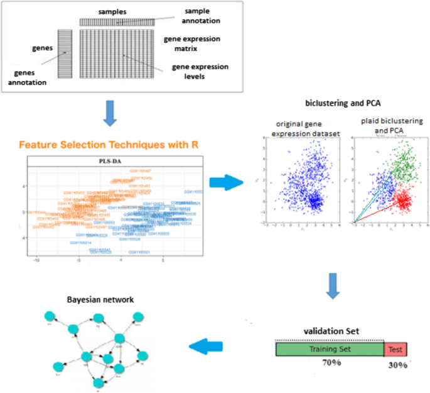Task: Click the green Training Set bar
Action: coord(330,349)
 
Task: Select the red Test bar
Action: coord(395,349)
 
